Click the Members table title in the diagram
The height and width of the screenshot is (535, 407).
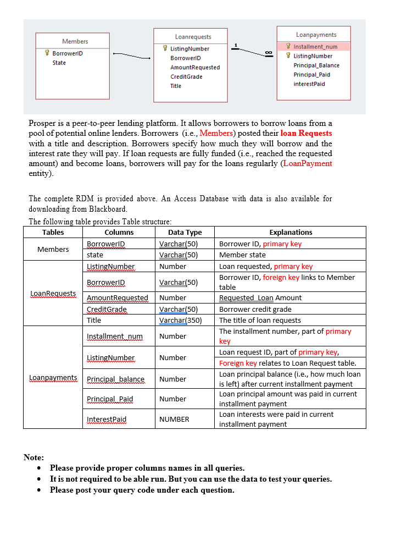[x=75, y=41]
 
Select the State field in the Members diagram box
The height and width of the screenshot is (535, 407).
[x=59, y=63]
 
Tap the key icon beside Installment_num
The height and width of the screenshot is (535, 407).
[x=288, y=47]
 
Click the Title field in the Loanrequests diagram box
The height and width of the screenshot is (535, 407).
[x=176, y=86]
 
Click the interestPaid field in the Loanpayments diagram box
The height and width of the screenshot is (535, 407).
[x=309, y=84]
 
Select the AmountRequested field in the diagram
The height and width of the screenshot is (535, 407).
[x=194, y=67]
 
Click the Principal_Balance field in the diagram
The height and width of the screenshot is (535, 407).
[x=316, y=65]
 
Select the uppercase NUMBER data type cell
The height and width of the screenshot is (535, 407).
[x=174, y=419]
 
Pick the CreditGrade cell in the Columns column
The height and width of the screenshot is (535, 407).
[x=107, y=309]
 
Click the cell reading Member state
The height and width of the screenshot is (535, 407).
[x=242, y=255]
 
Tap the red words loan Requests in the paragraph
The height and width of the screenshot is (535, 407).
[x=306, y=133]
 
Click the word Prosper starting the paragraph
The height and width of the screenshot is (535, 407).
[x=43, y=123]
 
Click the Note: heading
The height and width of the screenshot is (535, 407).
[x=34, y=457]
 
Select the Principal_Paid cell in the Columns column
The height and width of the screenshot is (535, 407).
[x=110, y=399]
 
